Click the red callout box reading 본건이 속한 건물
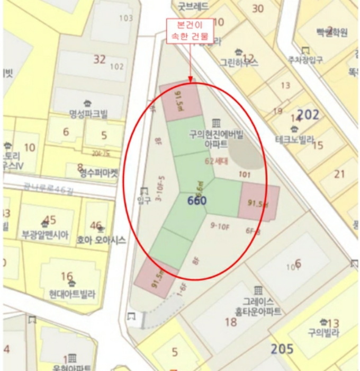(189, 31)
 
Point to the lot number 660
(197, 200)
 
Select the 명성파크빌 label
(88, 113)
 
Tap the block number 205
(282, 349)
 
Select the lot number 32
(100, 59)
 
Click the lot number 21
(339, 174)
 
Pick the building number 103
(126, 19)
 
